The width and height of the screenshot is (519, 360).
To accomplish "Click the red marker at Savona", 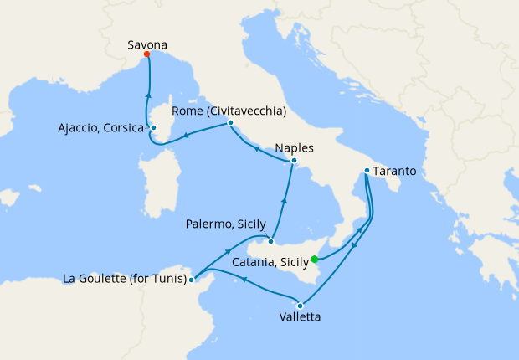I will click(147, 54).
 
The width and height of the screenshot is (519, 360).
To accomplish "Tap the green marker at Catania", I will click(315, 260).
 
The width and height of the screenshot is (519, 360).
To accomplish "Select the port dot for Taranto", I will click(367, 172).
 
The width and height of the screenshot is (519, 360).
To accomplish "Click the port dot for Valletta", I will click(300, 305).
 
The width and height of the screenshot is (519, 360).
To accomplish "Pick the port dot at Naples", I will click(294, 161).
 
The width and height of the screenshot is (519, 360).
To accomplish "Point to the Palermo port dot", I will click(270, 242).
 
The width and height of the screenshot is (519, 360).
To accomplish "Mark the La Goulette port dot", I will click(192, 280).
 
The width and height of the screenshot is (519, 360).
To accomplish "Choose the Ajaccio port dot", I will click(153, 128).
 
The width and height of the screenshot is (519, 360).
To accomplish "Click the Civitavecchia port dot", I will click(229, 124).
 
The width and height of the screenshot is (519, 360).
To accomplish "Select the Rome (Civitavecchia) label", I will click(229, 111).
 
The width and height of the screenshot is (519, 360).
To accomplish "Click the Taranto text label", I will click(395, 172).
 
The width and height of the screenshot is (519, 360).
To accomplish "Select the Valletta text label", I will click(300, 317).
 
